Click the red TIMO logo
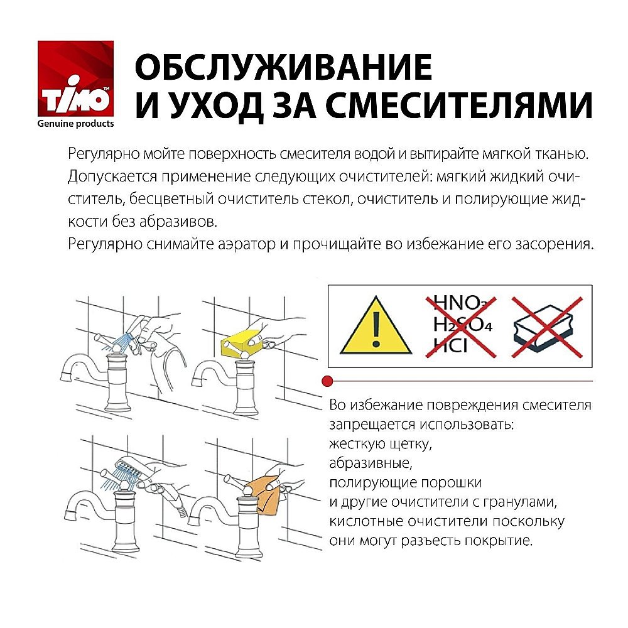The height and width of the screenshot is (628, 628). (75, 78)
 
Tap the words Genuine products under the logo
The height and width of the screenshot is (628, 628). (76, 124)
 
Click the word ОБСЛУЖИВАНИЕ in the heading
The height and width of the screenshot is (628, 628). (284, 67)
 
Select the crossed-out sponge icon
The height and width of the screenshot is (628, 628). (543, 327)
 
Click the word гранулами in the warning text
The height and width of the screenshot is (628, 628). (526, 502)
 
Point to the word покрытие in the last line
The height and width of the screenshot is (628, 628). (497, 540)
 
